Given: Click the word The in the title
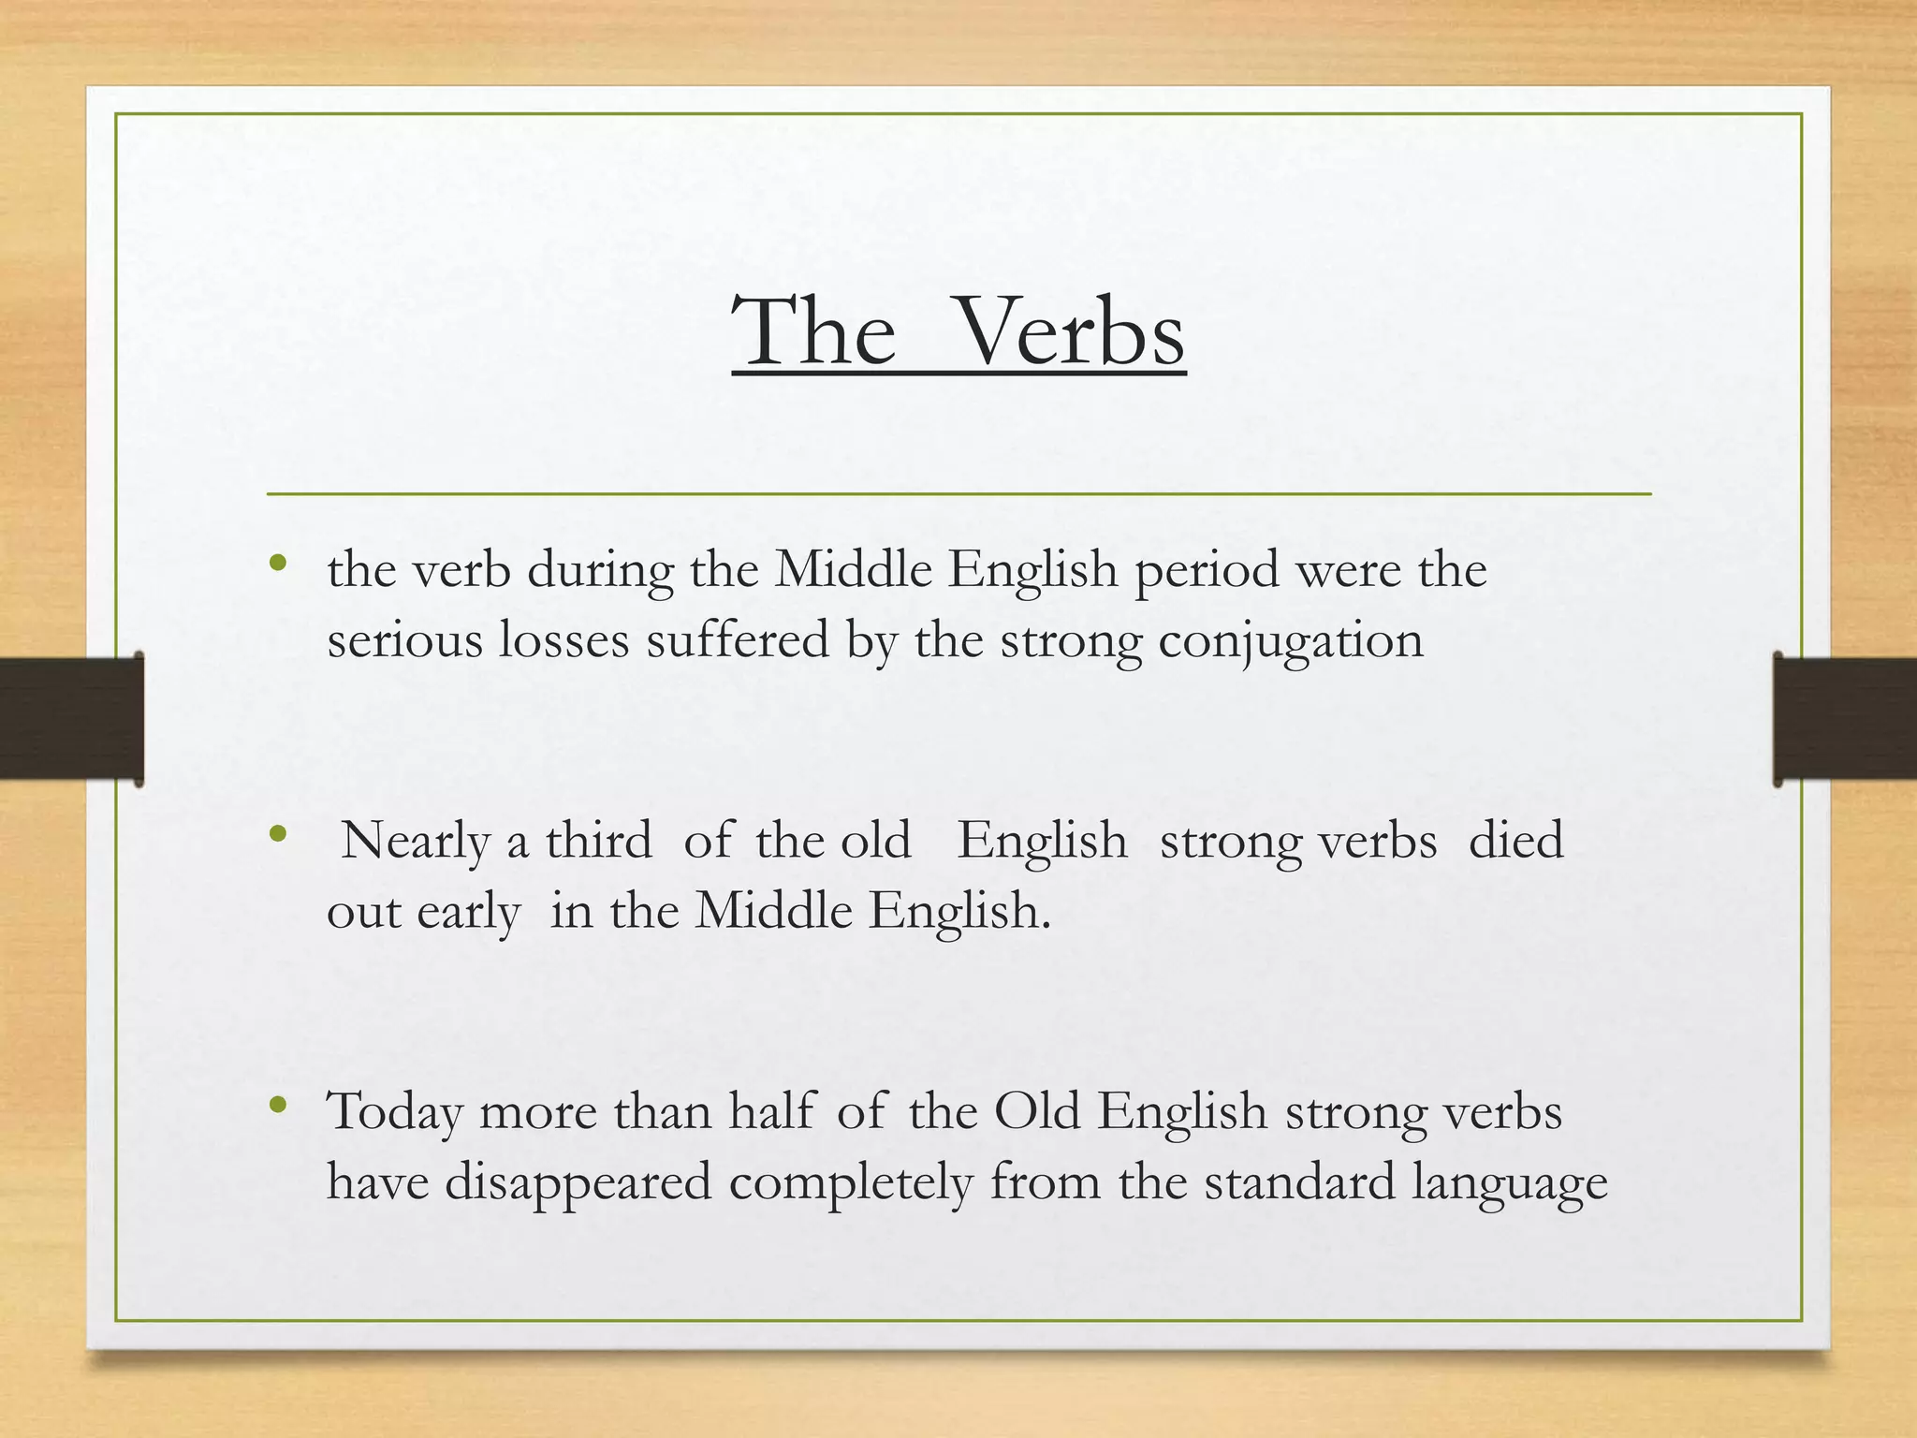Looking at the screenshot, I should click(x=813, y=332).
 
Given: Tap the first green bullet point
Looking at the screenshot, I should click(x=277, y=564).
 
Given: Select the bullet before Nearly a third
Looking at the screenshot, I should click(x=277, y=833).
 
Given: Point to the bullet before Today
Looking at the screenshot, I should click(x=277, y=1106).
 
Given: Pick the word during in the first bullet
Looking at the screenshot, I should click(x=600, y=571).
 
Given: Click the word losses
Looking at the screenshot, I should click(x=563, y=641).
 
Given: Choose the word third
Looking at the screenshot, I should click(x=599, y=840).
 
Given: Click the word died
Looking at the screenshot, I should click(x=1515, y=840).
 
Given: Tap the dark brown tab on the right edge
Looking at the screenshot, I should click(x=1844, y=719).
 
